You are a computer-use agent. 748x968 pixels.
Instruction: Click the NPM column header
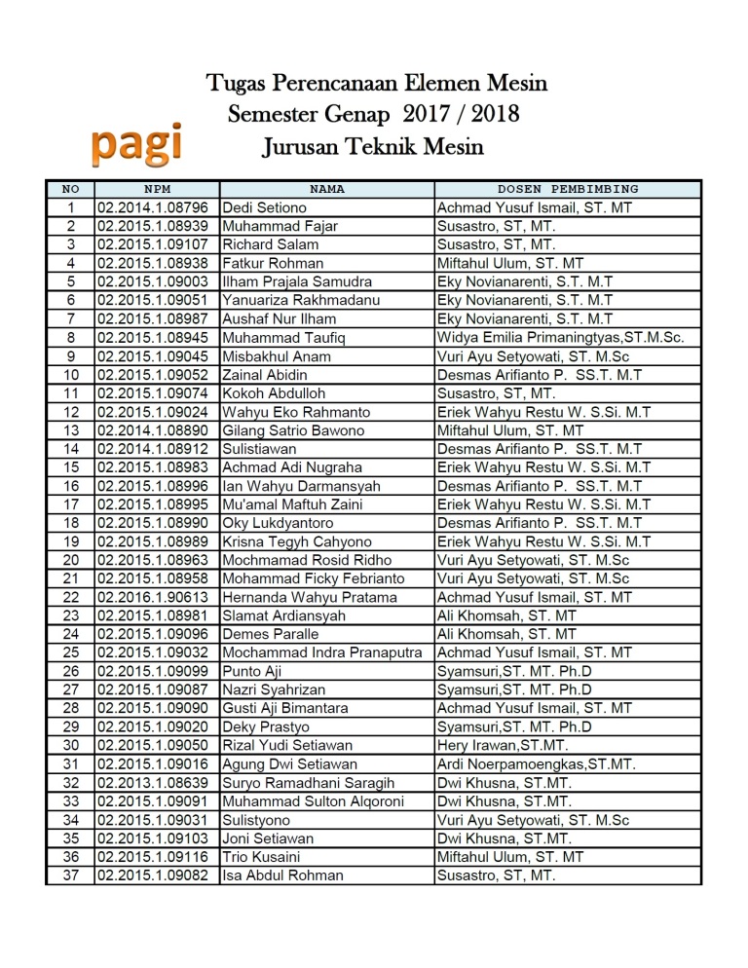pyautogui.click(x=157, y=189)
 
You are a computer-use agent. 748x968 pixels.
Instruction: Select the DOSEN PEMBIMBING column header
pyautogui.click(x=568, y=189)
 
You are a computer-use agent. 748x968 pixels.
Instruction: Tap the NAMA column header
pyautogui.click(x=327, y=189)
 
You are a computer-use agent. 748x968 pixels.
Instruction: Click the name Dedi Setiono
pyautogui.click(x=264, y=207)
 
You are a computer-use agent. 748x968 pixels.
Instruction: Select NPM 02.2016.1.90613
pyautogui.click(x=153, y=597)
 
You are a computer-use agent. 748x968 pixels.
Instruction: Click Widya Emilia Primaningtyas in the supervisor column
pyautogui.click(x=560, y=338)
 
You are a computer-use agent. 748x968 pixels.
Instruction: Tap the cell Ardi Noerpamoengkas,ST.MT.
pyautogui.click(x=536, y=764)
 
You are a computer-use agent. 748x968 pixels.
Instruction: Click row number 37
pyautogui.click(x=70, y=875)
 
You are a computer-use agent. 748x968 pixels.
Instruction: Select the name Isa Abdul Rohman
pyautogui.click(x=282, y=875)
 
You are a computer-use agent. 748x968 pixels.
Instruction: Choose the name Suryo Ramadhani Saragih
pyautogui.click(x=308, y=783)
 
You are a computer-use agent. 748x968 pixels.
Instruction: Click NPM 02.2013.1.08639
pyautogui.click(x=153, y=783)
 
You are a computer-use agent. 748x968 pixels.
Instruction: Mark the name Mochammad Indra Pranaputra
pyautogui.click(x=322, y=652)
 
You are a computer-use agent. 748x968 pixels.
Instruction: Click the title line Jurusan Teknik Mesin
pyautogui.click(x=373, y=148)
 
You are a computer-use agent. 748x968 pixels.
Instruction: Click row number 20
pyautogui.click(x=70, y=560)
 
